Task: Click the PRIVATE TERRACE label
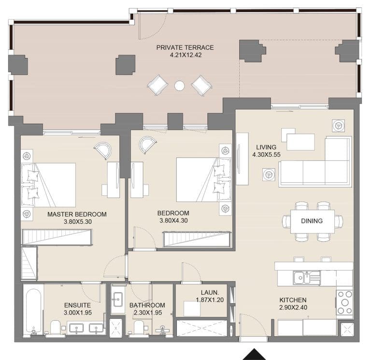point(185,47)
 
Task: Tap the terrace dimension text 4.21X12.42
point(185,56)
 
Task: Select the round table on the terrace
point(179,86)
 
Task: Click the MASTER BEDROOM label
point(77,214)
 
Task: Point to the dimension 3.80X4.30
point(173,221)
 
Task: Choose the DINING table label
point(312,221)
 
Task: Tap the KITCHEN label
point(293,300)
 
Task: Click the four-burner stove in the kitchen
point(344,302)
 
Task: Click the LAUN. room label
point(211,292)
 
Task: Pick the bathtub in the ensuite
point(33,312)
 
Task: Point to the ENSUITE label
point(77,305)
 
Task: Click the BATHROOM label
point(147,305)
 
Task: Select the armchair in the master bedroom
point(103,150)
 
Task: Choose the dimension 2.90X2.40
point(293,308)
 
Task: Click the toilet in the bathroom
point(139,328)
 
